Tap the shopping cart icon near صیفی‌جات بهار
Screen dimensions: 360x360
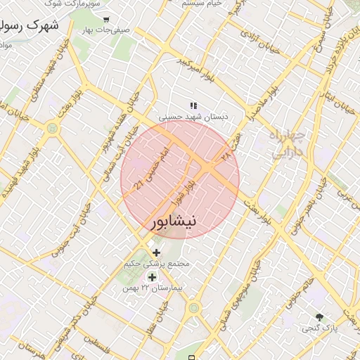pyautogui.click(x=106, y=20)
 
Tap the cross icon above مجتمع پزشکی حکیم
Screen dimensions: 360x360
pyautogui.click(x=155, y=252)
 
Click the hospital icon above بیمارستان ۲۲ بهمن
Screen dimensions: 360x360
pyautogui.click(x=152, y=278)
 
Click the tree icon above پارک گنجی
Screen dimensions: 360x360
pyautogui.click(x=321, y=318)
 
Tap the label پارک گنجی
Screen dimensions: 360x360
pyautogui.click(x=321, y=328)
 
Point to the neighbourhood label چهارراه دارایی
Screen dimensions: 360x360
pyautogui.click(x=288, y=143)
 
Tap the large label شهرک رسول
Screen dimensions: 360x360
pyautogui.click(x=25, y=27)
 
